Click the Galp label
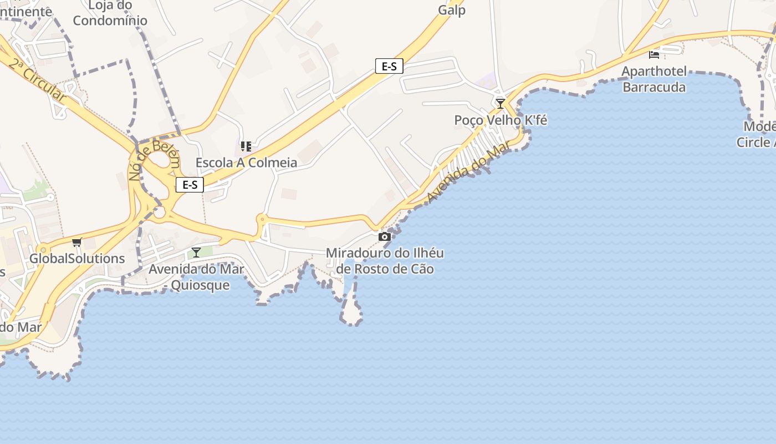click(x=452, y=10)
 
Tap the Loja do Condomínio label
click(x=110, y=13)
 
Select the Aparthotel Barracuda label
click(x=654, y=79)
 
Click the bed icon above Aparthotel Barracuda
click(x=654, y=54)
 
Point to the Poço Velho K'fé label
click(x=501, y=120)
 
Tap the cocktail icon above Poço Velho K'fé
click(x=501, y=103)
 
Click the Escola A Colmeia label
click(x=246, y=163)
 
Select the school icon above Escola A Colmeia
click(x=246, y=147)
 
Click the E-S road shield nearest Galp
click(x=389, y=66)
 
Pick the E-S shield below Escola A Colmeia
click(x=190, y=185)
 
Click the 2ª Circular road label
click(x=37, y=79)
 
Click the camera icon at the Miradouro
click(x=384, y=237)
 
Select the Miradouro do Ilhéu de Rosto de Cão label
click(x=385, y=261)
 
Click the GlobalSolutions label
click(x=77, y=259)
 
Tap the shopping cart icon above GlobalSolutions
click(x=77, y=242)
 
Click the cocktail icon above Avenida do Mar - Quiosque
click(x=196, y=253)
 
